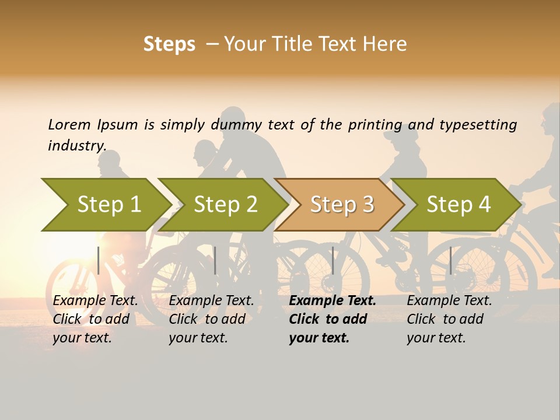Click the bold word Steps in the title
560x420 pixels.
pos(169,44)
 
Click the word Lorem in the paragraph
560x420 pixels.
pos(69,124)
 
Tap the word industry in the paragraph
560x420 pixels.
pos(77,145)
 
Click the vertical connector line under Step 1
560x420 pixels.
pos(99,260)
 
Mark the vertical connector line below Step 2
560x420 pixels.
pos(215,260)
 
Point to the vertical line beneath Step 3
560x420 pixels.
pos(332,260)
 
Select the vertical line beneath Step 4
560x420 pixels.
pos(450,260)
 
